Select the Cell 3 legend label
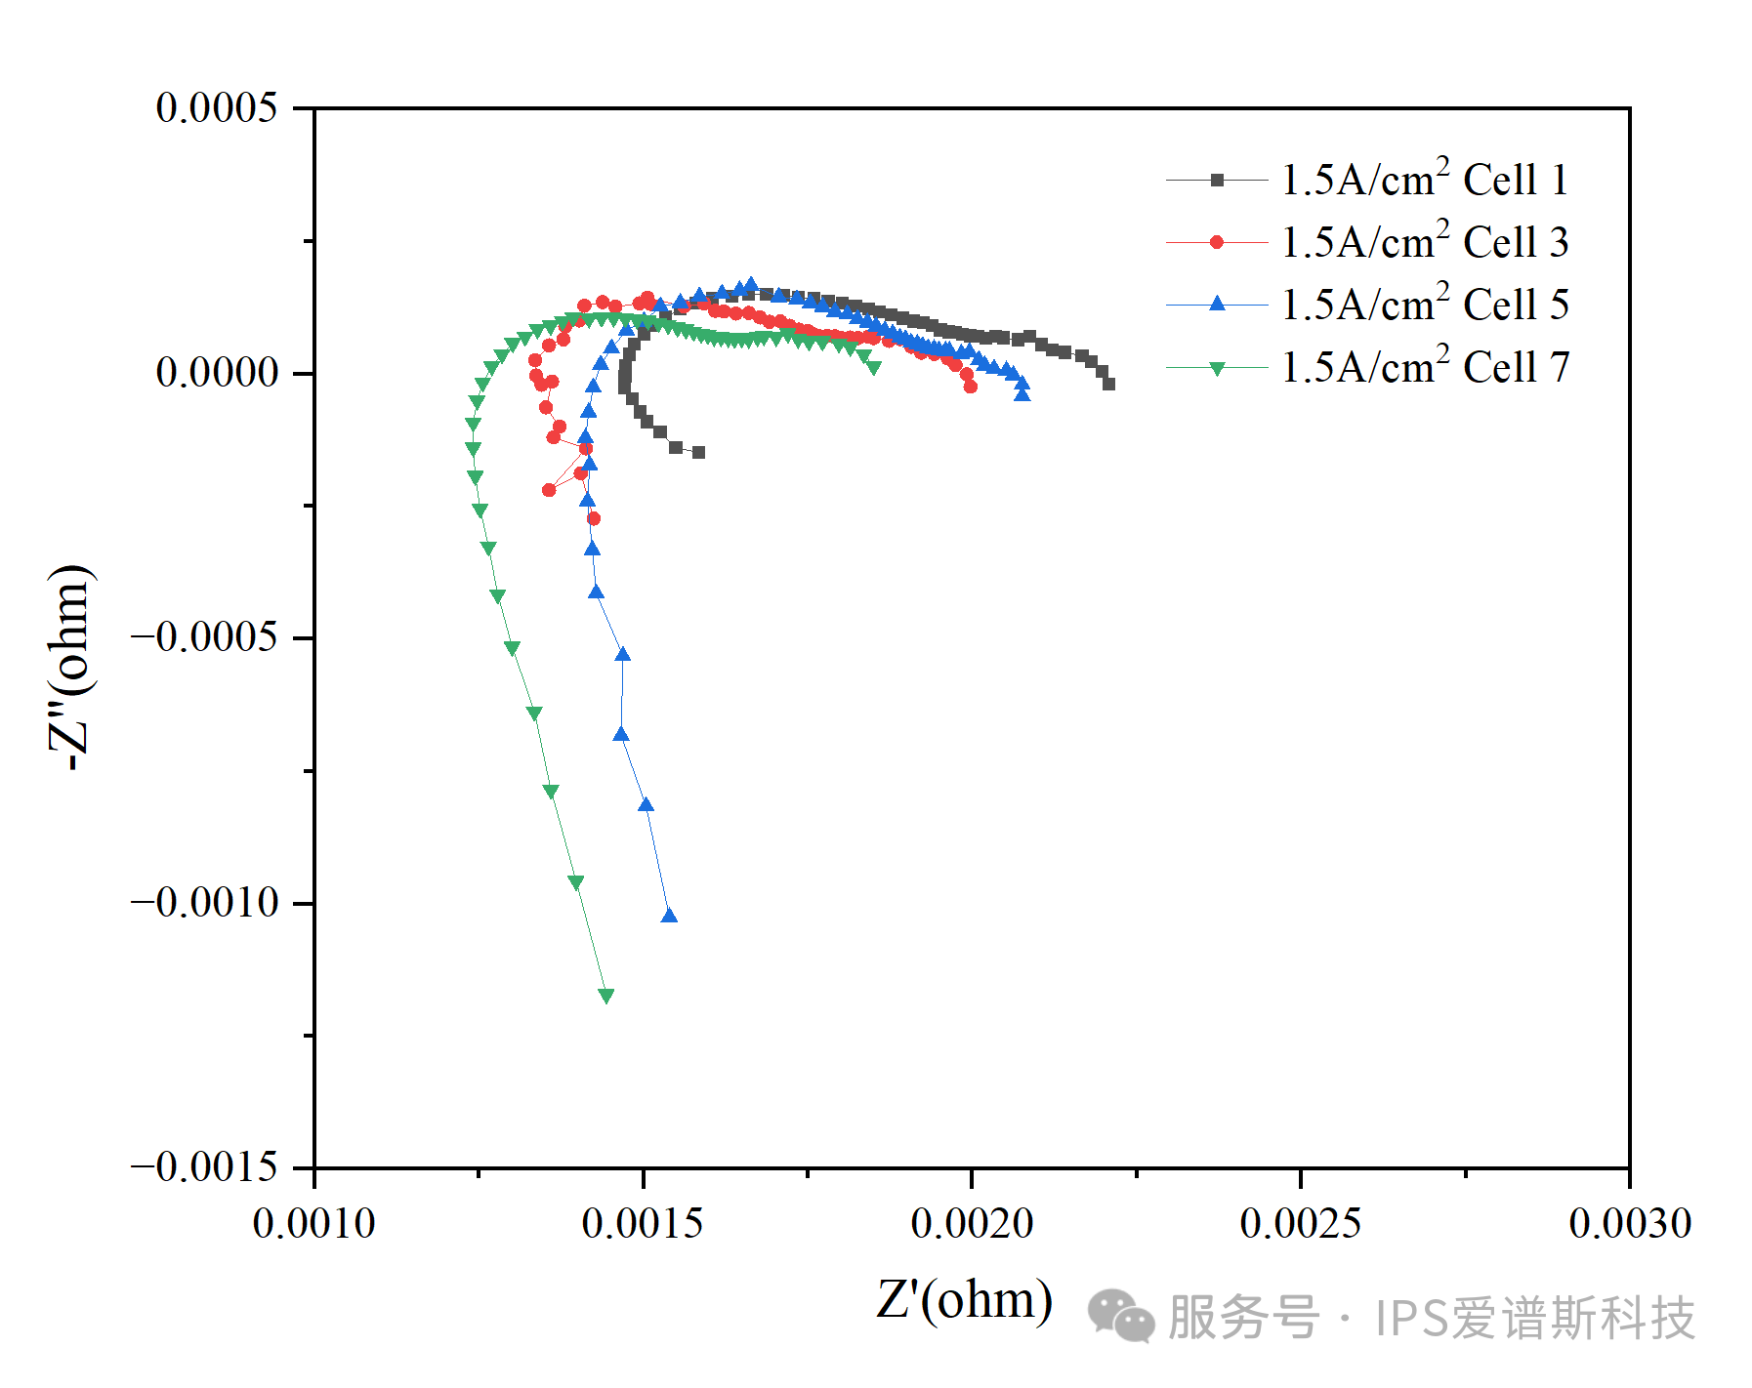tap(1424, 243)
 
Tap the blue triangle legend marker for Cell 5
tap(1217, 305)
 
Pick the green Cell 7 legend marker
tap(1217, 368)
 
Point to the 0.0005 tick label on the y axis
tap(217, 107)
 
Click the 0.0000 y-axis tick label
tap(217, 372)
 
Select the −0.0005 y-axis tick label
tap(205, 637)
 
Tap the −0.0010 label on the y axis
tap(205, 903)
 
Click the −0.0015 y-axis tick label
tap(205, 1167)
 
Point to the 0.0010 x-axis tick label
tap(313, 1224)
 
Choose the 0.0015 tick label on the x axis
tap(643, 1224)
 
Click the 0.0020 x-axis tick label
tap(972, 1224)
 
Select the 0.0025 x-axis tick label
tap(1301, 1224)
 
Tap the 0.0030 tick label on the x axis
tap(1630, 1224)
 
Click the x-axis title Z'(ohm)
tap(964, 1300)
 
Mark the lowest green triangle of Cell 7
tap(606, 996)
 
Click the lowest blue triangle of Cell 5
tap(669, 916)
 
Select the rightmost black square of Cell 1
tap(1108, 384)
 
